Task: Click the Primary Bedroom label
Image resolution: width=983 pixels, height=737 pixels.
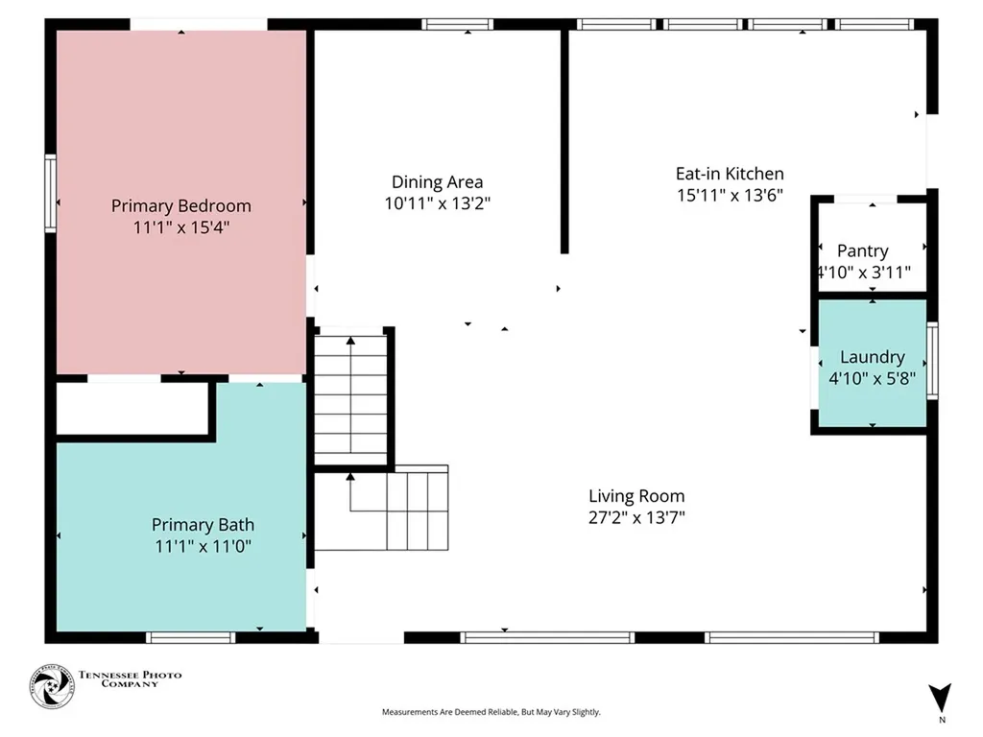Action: pyautogui.click(x=181, y=206)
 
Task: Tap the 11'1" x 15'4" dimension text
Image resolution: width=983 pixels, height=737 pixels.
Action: pyautogui.click(x=181, y=226)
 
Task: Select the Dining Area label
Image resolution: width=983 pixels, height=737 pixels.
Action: pyautogui.click(x=438, y=181)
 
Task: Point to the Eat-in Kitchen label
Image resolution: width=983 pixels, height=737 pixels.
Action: pyautogui.click(x=730, y=174)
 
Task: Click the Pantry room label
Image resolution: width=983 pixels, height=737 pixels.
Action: pyautogui.click(x=863, y=251)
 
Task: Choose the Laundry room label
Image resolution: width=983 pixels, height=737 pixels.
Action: pyautogui.click(x=872, y=357)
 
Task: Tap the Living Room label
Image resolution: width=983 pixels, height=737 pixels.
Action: pyautogui.click(x=636, y=496)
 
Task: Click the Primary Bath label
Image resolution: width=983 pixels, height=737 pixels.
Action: pyautogui.click(x=203, y=525)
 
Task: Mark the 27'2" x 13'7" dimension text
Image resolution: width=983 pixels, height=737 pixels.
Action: pyautogui.click(x=636, y=517)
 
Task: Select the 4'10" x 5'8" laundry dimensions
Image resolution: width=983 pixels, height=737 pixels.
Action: pyautogui.click(x=872, y=378)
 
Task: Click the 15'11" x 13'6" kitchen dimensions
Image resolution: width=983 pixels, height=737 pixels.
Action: pyautogui.click(x=730, y=195)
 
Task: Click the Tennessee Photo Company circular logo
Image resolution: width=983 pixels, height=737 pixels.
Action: pyautogui.click(x=52, y=687)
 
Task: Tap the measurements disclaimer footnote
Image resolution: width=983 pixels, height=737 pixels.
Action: pyautogui.click(x=491, y=712)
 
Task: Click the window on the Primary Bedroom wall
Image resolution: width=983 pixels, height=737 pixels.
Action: pyautogui.click(x=50, y=194)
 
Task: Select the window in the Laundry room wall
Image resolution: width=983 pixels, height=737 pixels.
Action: pyautogui.click(x=932, y=361)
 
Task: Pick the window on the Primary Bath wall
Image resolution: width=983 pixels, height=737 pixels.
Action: pyautogui.click(x=191, y=637)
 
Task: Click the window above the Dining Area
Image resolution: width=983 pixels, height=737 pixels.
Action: pyautogui.click(x=457, y=24)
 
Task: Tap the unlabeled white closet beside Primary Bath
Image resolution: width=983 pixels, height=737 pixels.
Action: pyautogui.click(x=132, y=408)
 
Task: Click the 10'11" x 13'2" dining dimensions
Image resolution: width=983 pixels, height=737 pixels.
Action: pyautogui.click(x=438, y=203)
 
